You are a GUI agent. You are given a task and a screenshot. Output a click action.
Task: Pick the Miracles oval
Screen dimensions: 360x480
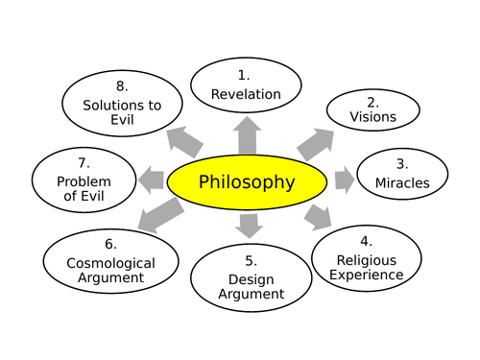point(402,173)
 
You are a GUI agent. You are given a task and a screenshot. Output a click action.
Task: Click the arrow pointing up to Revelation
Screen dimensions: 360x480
point(247,134)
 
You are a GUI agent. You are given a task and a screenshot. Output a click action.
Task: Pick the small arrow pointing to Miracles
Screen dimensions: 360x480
point(345,180)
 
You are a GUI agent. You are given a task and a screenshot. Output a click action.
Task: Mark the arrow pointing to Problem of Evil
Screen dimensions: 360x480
point(152,179)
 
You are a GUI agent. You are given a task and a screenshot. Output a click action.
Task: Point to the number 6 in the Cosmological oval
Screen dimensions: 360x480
point(110,244)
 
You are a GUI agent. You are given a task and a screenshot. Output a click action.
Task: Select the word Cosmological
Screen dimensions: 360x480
point(111,261)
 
